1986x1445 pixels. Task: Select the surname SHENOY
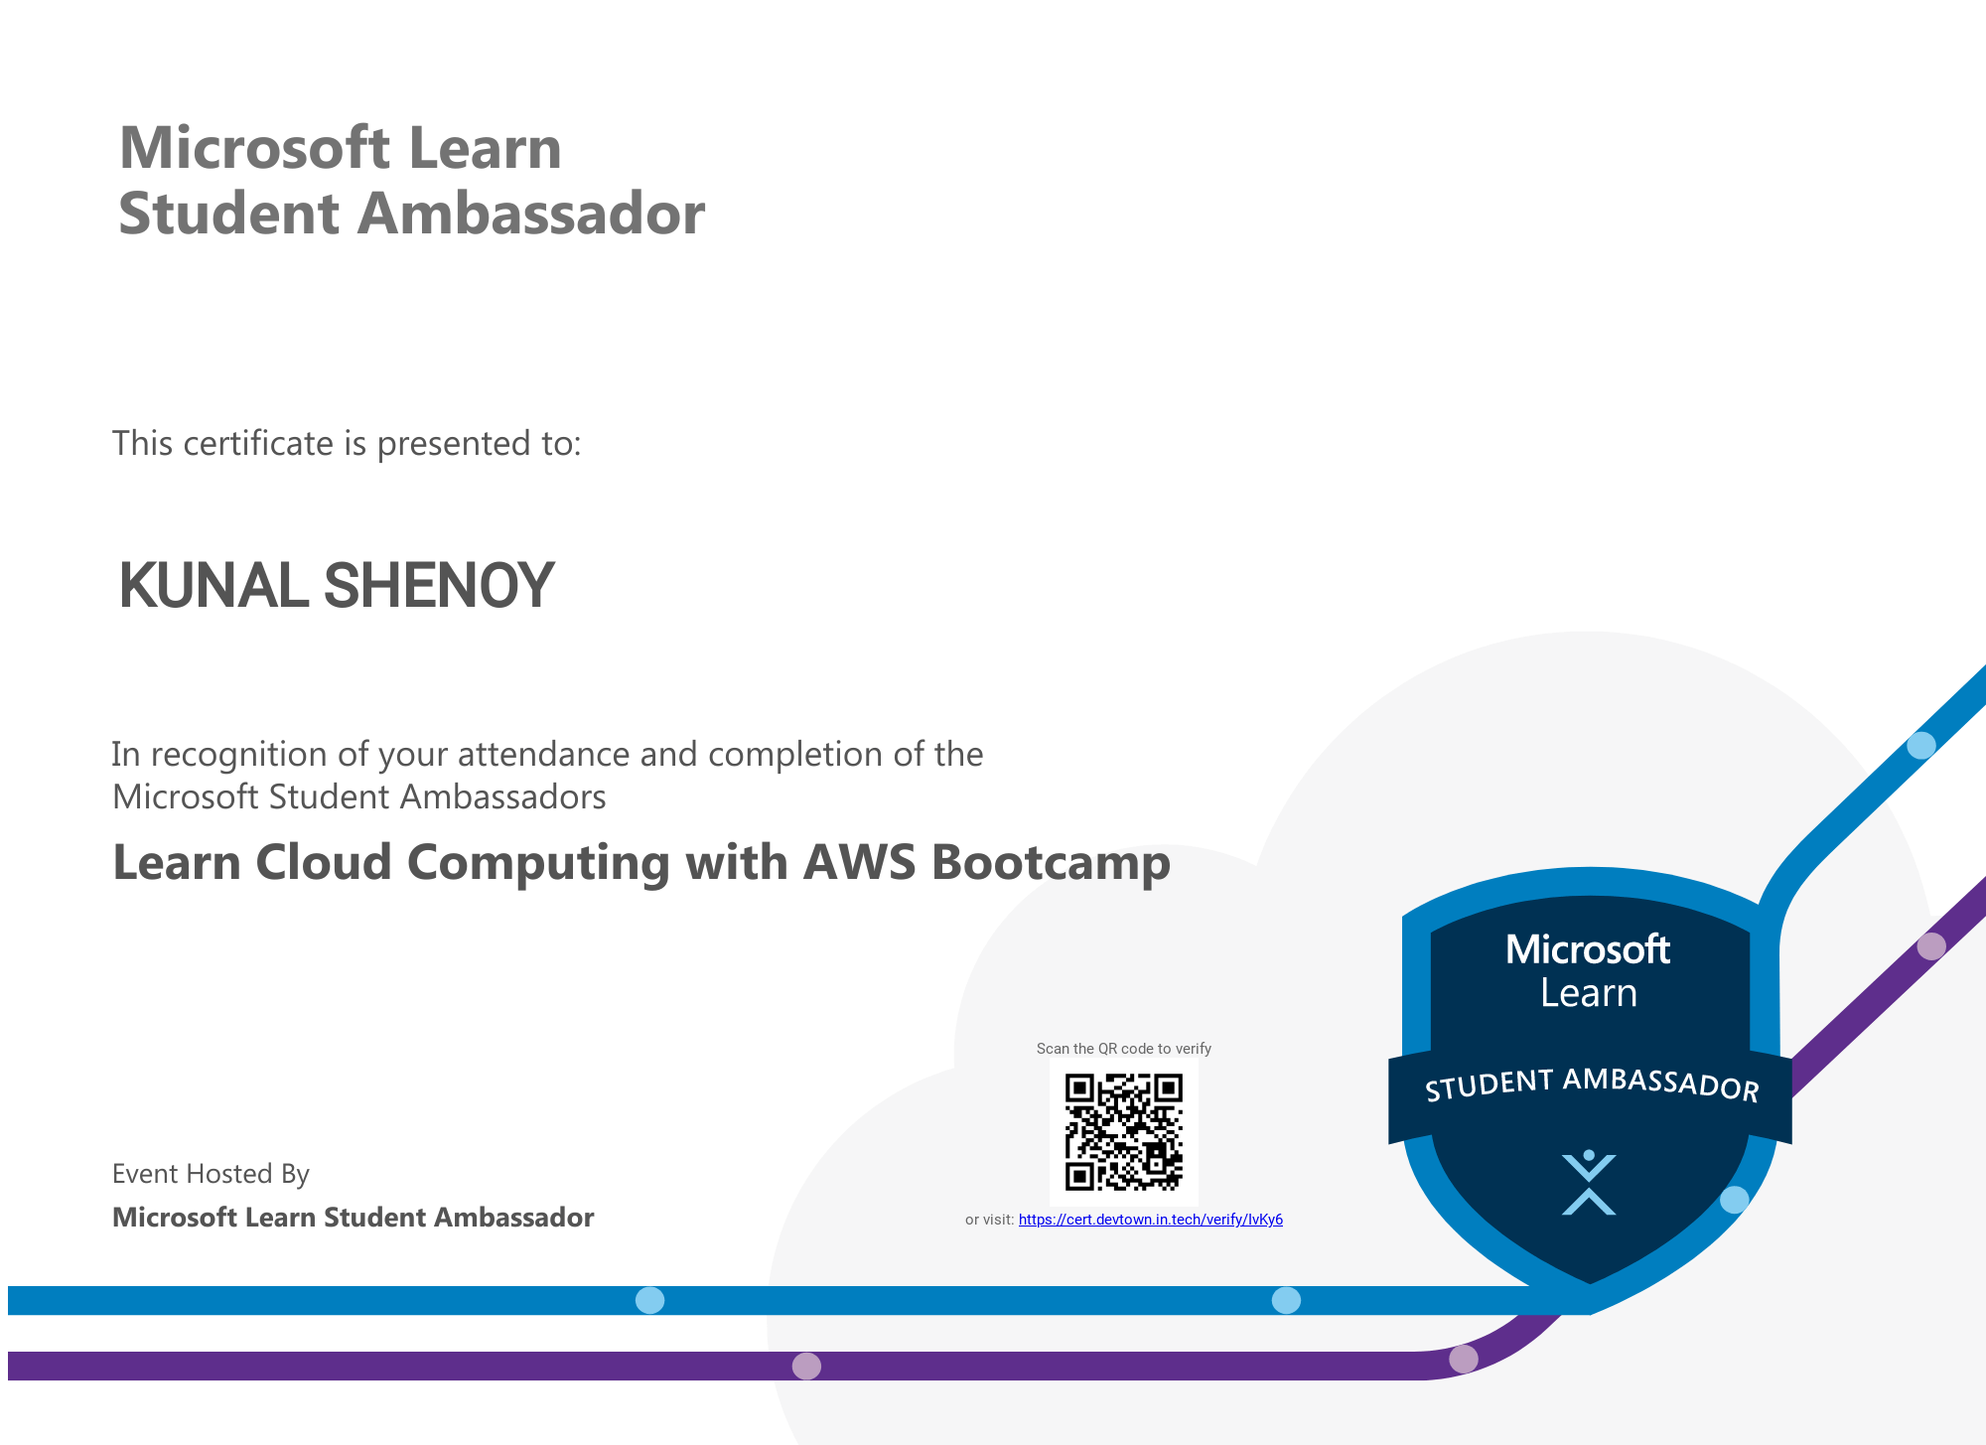[x=439, y=585]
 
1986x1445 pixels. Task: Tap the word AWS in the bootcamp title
[x=859, y=861]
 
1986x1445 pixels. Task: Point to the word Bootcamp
[x=1051, y=861]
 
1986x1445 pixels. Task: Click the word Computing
[x=538, y=863]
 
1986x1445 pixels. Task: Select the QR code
[x=1123, y=1131]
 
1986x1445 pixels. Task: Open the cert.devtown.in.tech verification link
[x=1150, y=1220]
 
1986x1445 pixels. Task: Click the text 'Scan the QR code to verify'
[x=1123, y=1049]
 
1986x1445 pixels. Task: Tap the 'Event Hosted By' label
[x=211, y=1174]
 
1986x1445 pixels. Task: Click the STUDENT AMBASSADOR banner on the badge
[x=1591, y=1085]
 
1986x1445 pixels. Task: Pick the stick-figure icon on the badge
[x=1589, y=1183]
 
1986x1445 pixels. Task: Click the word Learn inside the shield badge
[x=1589, y=993]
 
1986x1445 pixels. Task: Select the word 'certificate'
[x=258, y=443]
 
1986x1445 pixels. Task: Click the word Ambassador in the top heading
[x=530, y=213]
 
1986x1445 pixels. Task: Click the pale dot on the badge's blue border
[x=1734, y=1200]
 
